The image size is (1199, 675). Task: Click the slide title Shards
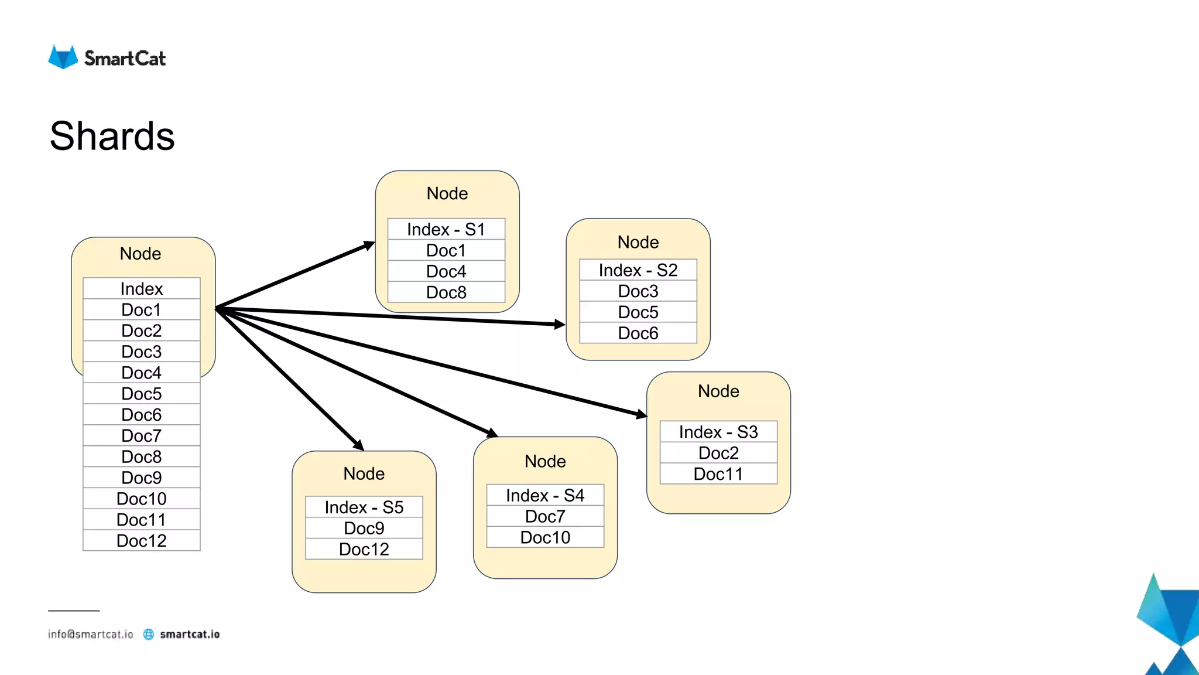112,136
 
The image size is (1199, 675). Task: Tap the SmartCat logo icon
63,57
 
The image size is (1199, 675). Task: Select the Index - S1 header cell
446,229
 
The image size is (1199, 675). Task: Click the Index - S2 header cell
638,270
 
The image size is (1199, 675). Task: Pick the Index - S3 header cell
718,432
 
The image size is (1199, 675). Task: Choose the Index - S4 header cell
545,495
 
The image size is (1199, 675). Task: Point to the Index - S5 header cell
364,507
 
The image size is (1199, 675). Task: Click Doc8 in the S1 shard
446,292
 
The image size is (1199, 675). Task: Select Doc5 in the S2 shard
638,312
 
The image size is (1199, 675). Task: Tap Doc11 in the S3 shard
718,474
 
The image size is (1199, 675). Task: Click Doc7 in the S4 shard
545,516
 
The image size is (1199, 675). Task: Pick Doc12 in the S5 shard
364,549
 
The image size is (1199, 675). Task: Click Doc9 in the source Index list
142,478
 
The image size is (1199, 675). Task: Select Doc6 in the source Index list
142,415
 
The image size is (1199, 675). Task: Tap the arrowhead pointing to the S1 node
369,245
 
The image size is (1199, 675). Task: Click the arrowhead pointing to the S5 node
358,445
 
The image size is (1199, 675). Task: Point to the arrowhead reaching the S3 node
641,414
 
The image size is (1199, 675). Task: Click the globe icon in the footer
149,634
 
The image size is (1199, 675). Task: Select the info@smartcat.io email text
91,634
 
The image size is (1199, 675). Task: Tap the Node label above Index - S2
638,242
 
